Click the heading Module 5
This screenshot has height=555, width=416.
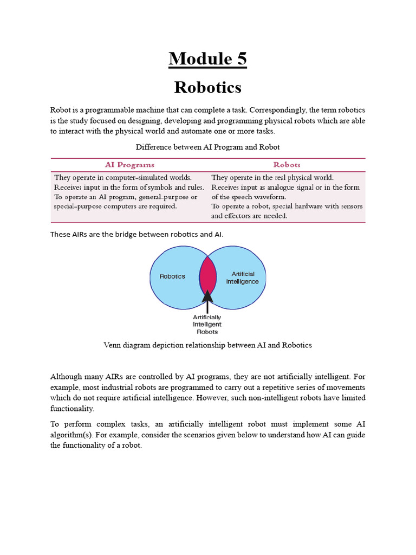click(x=207, y=59)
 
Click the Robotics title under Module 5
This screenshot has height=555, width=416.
click(x=207, y=87)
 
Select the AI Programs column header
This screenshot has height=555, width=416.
click(x=129, y=164)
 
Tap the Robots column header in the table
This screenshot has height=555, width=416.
click(x=287, y=164)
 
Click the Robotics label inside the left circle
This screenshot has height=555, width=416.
click(x=172, y=276)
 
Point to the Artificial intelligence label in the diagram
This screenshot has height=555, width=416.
click(x=242, y=277)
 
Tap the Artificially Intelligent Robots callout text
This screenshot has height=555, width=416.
click(x=207, y=324)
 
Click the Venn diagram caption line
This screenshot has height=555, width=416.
click(x=207, y=345)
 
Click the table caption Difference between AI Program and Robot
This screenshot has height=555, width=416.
click(x=207, y=147)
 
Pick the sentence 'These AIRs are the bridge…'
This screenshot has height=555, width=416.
click(x=136, y=234)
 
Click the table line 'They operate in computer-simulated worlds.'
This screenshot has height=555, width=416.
click(x=122, y=177)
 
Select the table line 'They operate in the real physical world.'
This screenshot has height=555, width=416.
click(x=272, y=177)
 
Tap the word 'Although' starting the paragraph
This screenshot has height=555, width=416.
click(x=67, y=376)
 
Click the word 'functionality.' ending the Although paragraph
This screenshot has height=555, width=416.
click(x=72, y=409)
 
